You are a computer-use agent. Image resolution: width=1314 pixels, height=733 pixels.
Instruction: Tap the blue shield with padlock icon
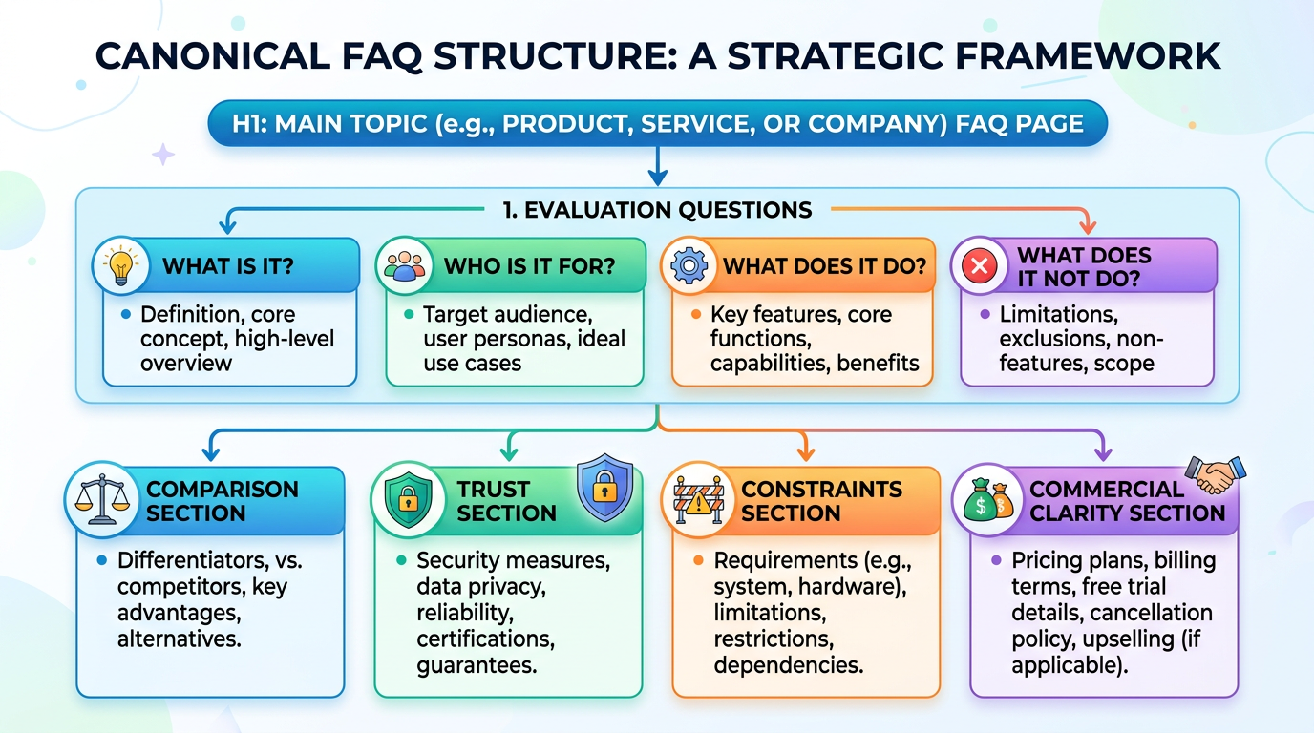tap(604, 491)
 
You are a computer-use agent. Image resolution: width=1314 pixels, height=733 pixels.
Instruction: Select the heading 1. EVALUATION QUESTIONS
tap(657, 209)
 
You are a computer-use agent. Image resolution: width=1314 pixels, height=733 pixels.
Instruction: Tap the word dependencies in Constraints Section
tap(789, 664)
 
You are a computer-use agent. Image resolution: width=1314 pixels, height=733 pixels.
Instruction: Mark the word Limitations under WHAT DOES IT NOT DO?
tap(1058, 314)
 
